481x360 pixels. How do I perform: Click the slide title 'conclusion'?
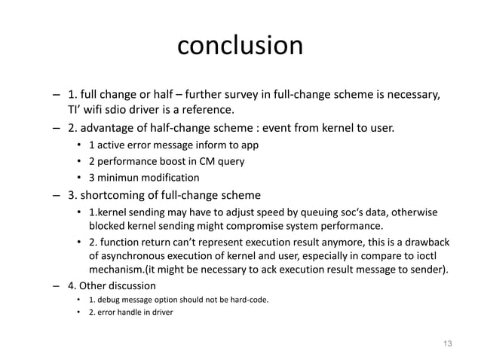click(x=240, y=46)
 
